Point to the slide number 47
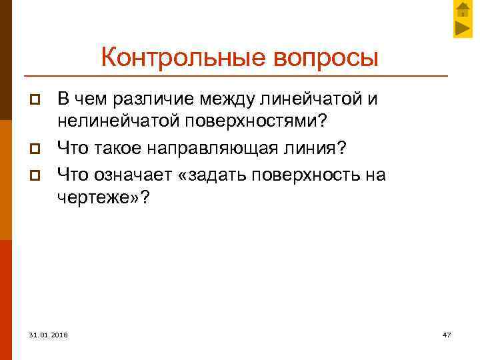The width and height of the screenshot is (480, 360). point(447,333)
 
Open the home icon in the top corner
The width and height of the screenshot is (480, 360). point(463,9)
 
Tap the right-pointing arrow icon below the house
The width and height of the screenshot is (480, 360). point(463,28)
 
